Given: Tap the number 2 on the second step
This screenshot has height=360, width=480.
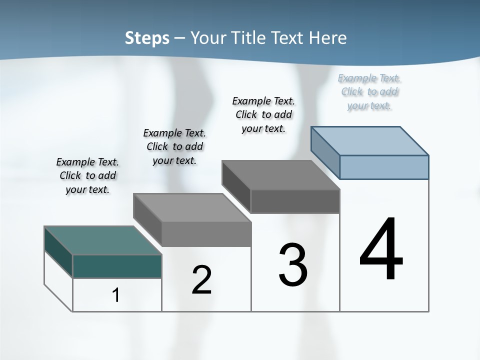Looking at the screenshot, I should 201,280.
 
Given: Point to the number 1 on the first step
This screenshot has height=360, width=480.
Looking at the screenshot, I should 115,295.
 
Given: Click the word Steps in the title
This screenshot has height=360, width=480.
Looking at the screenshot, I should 147,38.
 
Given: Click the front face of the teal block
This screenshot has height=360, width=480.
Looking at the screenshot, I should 117,266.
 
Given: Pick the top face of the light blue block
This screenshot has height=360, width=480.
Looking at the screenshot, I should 370,140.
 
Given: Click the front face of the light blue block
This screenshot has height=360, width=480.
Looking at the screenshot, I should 384,167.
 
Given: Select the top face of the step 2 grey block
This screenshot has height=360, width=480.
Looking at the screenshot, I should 192,207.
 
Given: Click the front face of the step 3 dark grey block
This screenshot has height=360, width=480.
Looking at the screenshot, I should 295,201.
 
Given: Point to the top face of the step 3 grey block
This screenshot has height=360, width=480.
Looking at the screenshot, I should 280,175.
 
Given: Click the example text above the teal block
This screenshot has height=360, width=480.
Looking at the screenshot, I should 87,175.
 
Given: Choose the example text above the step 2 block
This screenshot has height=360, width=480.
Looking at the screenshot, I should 174,146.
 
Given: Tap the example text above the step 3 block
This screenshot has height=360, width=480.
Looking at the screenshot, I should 263,114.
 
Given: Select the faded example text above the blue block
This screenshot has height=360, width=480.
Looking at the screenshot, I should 369,91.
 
